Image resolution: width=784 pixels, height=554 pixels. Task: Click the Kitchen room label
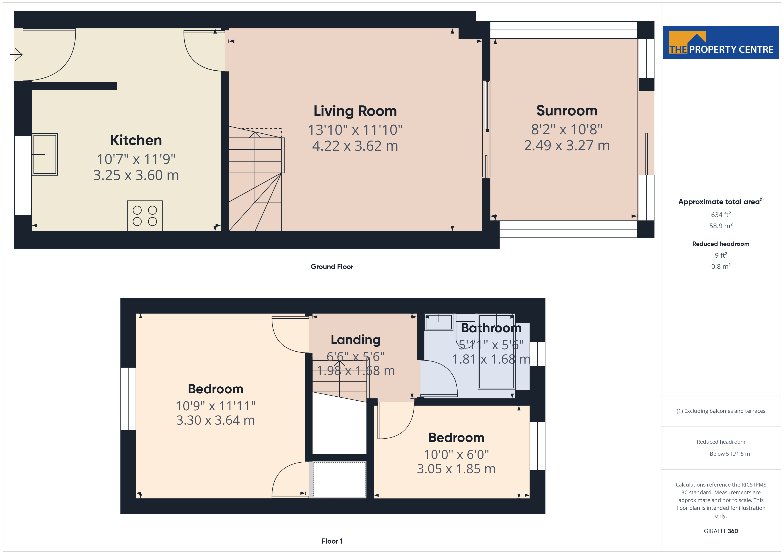[136, 140]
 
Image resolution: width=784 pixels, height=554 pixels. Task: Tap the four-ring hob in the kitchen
[145, 216]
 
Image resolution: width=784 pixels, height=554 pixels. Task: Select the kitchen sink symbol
[45, 154]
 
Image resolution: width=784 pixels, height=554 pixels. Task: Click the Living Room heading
[355, 111]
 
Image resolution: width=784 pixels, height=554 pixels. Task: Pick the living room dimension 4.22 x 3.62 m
[355, 146]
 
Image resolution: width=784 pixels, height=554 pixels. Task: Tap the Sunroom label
[567, 111]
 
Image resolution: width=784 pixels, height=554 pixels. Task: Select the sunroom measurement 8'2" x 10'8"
[567, 129]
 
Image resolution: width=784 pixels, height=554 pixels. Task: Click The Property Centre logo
[721, 42]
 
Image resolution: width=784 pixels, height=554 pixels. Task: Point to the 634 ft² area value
[721, 215]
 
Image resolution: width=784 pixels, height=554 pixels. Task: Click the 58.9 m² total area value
[721, 226]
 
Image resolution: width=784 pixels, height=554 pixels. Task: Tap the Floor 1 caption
[332, 541]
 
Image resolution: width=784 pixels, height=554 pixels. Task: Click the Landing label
[356, 340]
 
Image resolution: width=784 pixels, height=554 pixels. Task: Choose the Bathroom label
[491, 328]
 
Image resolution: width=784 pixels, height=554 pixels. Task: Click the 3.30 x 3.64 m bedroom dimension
[216, 420]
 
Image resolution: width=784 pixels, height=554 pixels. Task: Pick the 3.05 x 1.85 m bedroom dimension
[456, 469]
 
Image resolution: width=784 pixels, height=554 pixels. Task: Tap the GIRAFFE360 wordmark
[721, 531]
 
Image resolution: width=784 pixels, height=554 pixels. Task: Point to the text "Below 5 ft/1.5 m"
[730, 454]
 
